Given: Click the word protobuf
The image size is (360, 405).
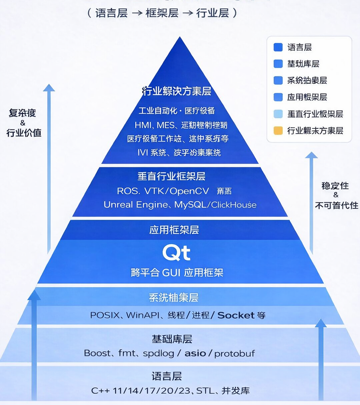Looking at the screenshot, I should pos(234,353).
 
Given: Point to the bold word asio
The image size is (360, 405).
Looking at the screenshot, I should pos(195,353).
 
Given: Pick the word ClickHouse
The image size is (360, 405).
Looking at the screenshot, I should pos(234,205).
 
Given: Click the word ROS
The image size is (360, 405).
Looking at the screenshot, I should pos(126,191).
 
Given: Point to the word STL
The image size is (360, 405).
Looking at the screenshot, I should pos(205,390).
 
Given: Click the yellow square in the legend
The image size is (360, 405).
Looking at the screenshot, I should pos(278,131).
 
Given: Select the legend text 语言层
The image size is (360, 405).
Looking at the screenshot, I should pos(300,47).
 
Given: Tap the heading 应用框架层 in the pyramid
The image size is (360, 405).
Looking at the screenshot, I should pos(174,230).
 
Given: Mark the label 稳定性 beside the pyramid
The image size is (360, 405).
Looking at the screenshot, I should pos(335,185).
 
